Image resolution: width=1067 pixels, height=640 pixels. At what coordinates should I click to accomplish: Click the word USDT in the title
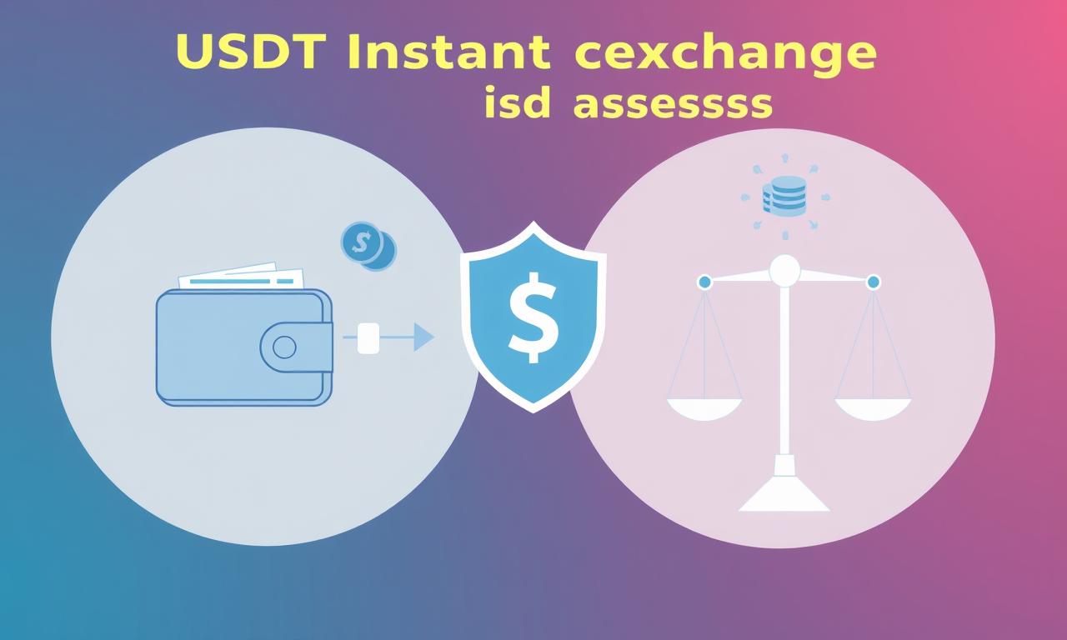[x=251, y=51]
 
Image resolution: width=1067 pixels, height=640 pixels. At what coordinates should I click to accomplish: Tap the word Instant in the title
[x=448, y=51]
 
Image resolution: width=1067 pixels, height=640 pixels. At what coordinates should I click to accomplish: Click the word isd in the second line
[x=517, y=102]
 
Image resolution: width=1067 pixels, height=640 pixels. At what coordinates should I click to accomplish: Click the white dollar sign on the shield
[x=533, y=317]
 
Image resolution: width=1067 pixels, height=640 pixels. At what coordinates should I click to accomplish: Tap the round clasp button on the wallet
[x=284, y=347]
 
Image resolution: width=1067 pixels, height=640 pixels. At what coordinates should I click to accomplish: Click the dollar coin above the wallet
[x=362, y=242]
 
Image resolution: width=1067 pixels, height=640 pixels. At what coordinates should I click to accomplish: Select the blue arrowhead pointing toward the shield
[x=423, y=337]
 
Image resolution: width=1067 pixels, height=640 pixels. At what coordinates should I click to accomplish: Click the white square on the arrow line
[x=368, y=338]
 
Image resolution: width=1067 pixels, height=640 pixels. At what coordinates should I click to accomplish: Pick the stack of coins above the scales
[x=784, y=196]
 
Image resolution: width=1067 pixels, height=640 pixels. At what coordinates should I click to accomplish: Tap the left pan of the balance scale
[x=704, y=409]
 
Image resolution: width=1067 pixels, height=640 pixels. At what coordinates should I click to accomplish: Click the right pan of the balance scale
[x=873, y=409]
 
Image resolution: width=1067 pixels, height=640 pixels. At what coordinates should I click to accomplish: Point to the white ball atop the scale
[x=784, y=271]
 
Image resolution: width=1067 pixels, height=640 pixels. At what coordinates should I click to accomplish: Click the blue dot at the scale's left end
[x=704, y=282]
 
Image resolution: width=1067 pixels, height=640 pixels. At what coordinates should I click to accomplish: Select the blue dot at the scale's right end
[x=873, y=282]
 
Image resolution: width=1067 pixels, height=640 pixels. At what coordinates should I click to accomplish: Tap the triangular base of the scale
[x=784, y=492]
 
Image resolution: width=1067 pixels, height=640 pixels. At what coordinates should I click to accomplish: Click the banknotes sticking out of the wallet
[x=242, y=276]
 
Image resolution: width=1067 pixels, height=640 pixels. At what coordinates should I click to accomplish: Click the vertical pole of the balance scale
[x=784, y=371]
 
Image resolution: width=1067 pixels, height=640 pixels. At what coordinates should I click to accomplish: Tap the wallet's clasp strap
[x=296, y=347]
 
